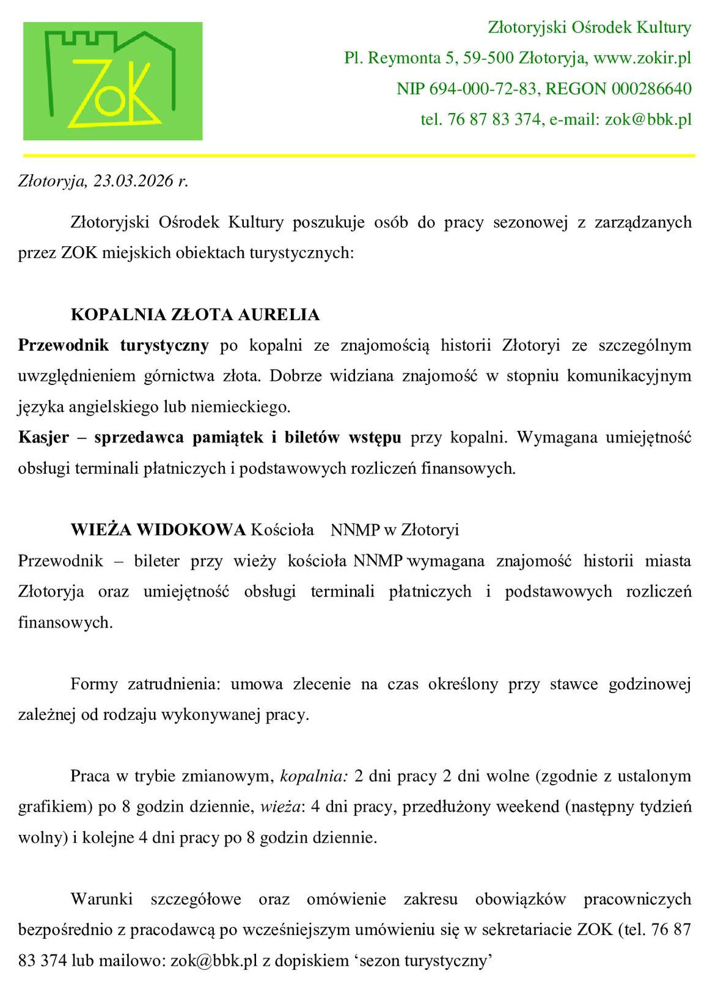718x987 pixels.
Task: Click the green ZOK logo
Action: tap(112, 81)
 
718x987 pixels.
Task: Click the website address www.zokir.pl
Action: tap(642, 58)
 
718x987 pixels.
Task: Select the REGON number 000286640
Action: tap(651, 89)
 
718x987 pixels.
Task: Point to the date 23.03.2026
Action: tap(133, 181)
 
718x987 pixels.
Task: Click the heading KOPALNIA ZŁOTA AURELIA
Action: tap(195, 315)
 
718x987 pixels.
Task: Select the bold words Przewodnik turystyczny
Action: tap(113, 345)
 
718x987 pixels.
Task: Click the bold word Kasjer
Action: tap(43, 438)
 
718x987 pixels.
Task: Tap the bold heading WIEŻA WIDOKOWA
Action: tap(158, 530)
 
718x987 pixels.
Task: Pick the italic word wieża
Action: tap(280, 807)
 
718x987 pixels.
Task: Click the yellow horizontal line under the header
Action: tap(359, 156)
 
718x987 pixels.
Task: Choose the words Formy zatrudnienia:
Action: tap(145, 684)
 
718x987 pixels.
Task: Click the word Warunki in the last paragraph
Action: tap(101, 899)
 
